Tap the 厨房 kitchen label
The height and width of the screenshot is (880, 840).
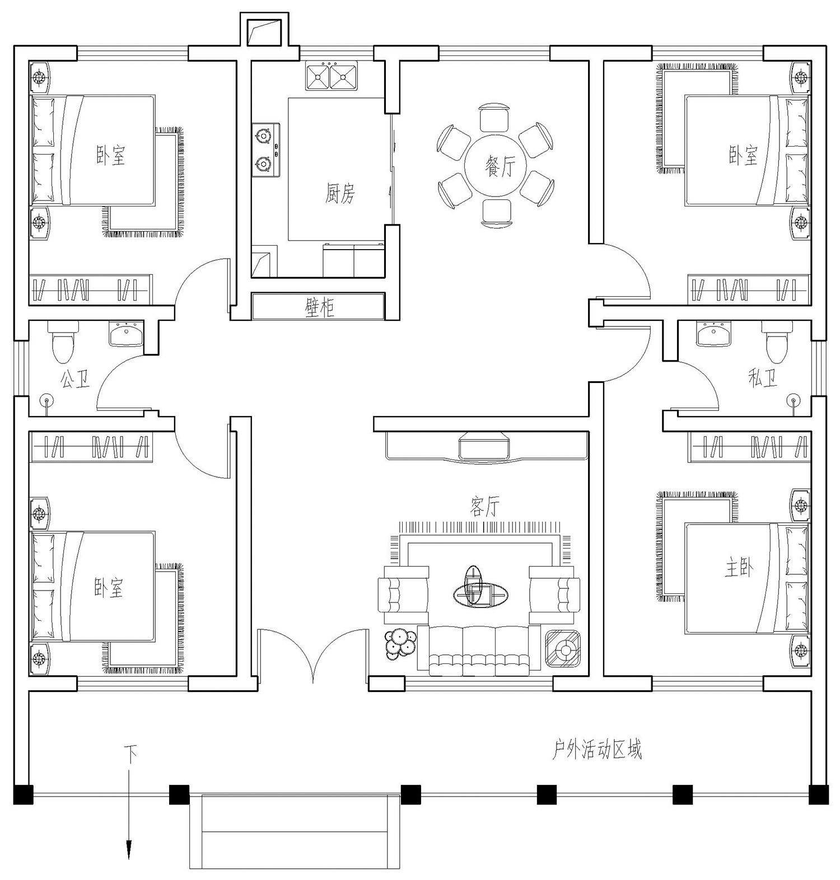[340, 194]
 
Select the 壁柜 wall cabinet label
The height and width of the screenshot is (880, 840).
[319, 307]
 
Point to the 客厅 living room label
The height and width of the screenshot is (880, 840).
[483, 507]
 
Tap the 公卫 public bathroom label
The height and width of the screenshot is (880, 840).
[75, 381]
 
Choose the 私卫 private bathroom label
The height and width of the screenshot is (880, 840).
[763, 380]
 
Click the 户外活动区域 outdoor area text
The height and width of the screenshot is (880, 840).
[597, 750]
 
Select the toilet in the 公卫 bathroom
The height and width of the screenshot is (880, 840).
[62, 343]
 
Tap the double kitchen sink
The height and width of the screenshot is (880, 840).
[331, 76]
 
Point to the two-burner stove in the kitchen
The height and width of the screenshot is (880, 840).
[265, 149]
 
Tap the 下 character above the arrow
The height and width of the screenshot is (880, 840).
[130, 753]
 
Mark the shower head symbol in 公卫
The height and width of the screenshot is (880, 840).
[46, 400]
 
